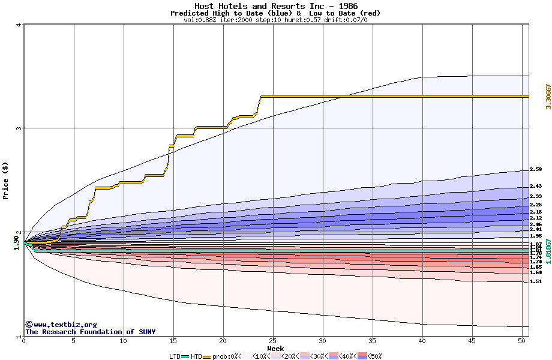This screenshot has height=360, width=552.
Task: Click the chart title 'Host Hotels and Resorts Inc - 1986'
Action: pos(275,6)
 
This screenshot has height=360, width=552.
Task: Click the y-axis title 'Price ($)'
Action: pos(5,181)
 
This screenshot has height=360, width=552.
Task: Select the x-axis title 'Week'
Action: pos(275,348)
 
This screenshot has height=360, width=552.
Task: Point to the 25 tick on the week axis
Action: pos(273,341)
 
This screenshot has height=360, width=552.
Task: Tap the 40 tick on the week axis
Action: pos(422,341)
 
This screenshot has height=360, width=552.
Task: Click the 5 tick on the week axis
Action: pos(74,341)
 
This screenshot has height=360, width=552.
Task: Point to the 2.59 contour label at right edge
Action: pos(536,170)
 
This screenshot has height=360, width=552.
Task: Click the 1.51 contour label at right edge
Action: pos(536,281)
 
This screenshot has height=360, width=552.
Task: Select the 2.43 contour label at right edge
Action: pos(536,187)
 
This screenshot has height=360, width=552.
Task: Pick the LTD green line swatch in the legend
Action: pos(186,356)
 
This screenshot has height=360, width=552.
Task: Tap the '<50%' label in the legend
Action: pos(375,356)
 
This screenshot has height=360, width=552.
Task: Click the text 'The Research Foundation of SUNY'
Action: pos(90,332)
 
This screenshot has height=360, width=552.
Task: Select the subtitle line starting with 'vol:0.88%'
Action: pos(275,20)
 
